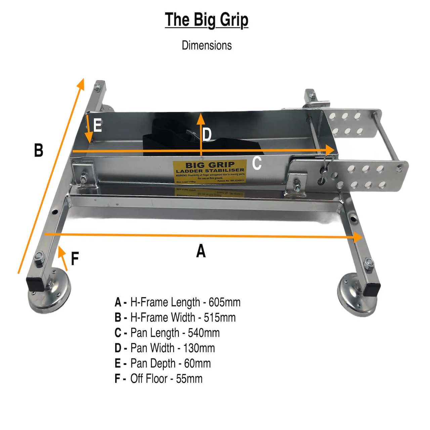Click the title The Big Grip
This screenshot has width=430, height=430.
206,20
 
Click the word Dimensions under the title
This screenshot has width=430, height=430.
207,45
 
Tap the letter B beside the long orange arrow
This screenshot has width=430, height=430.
39,150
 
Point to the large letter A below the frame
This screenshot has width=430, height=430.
201,251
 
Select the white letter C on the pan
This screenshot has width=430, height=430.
257,163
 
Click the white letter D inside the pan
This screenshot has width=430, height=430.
207,135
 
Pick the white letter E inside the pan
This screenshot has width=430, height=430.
97,126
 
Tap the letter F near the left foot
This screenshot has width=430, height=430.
75,259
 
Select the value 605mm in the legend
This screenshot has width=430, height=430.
224,302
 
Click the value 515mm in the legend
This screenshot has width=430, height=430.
220,317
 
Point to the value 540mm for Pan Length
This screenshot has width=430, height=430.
204,333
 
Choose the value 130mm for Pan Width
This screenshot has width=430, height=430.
199,348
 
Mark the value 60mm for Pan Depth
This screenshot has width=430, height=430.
197,363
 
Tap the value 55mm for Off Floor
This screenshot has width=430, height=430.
189,379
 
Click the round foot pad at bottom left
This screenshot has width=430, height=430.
50,297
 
